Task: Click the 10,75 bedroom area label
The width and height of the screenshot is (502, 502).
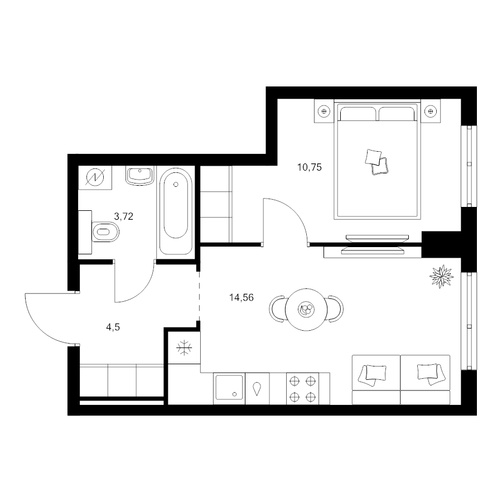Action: click(x=309, y=167)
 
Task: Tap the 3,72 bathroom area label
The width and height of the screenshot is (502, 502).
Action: click(x=124, y=216)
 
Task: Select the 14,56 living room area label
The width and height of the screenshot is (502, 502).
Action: click(x=242, y=298)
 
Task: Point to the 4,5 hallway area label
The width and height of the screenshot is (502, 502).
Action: click(x=113, y=327)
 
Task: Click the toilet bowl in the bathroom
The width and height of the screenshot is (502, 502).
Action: click(x=105, y=231)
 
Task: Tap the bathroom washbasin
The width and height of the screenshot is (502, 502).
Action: click(x=140, y=176)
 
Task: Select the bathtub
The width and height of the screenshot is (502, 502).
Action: click(x=176, y=212)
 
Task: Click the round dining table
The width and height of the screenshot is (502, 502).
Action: click(x=306, y=310)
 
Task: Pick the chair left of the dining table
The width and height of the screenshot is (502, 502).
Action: click(x=277, y=309)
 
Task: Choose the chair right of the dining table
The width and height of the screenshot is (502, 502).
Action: click(x=336, y=309)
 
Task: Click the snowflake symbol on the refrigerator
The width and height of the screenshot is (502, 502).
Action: click(x=185, y=348)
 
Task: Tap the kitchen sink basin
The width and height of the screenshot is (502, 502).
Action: click(x=229, y=388)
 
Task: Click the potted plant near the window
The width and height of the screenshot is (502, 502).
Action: click(x=442, y=276)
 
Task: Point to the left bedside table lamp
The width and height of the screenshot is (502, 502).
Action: click(x=324, y=111)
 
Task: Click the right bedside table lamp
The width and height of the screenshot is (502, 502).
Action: click(x=430, y=111)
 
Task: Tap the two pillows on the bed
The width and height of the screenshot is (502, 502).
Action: click(x=377, y=162)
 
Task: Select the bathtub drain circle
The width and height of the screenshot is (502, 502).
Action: click(x=176, y=185)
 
